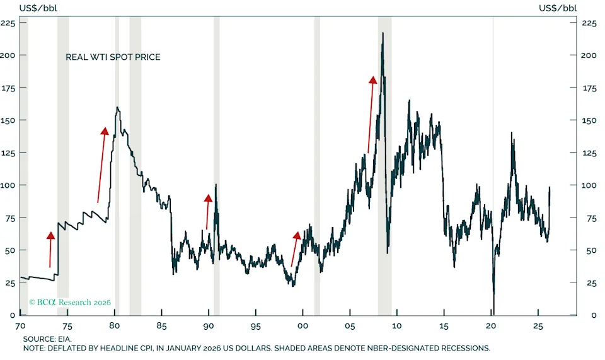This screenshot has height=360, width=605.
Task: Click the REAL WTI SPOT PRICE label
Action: coord(113,57)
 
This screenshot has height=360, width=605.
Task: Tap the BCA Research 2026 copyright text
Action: coord(70,303)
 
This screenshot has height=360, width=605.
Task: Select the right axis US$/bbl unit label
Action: coord(557,8)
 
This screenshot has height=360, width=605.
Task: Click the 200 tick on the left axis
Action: coord(9,55)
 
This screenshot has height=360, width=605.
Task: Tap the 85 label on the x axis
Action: coord(161,325)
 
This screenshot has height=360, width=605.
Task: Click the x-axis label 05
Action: coord(349,325)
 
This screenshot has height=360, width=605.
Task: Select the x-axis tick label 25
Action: coord(538,325)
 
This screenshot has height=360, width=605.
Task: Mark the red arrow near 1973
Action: coord(50,249)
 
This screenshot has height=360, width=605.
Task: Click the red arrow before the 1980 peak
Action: coord(101,164)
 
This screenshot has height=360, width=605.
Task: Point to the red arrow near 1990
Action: coord(208,211)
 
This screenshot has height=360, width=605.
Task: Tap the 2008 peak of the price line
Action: coord(383,33)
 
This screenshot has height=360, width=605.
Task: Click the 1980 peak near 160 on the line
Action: coord(117,108)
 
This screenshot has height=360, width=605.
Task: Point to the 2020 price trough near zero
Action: coord(493,310)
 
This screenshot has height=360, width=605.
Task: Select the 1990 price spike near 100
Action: coord(216,185)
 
